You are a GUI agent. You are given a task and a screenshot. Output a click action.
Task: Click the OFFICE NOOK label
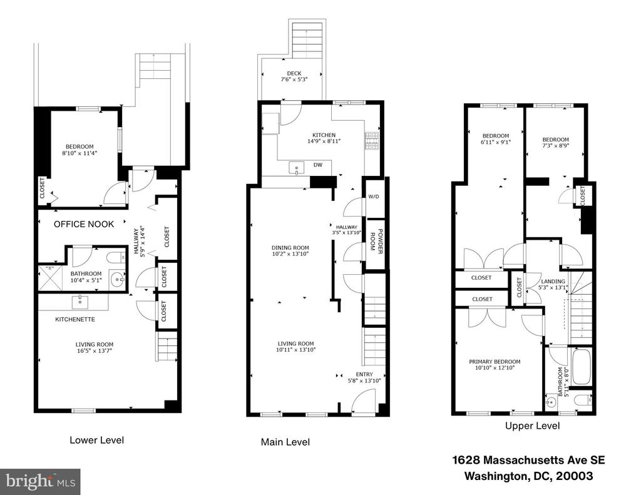pos(84,224)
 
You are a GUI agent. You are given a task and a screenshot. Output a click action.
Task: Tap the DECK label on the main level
pos(294,74)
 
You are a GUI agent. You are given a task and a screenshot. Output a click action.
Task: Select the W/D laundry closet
pos(374,197)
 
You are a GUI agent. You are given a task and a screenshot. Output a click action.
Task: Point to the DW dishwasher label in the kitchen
pos(317,165)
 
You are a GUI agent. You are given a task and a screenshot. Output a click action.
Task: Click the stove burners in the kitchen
pos(371,141)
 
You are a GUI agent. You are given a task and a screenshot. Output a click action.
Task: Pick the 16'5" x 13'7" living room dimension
pos(94,350)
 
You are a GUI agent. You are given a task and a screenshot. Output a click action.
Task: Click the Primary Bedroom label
pos(495,362)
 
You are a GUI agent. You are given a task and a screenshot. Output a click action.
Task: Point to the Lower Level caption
pos(97,440)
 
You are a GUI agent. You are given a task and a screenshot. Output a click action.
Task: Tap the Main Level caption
pos(285,442)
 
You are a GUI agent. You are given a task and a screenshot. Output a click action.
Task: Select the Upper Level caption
pos(532,426)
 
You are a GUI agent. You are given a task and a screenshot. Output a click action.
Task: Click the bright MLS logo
pos(40,482)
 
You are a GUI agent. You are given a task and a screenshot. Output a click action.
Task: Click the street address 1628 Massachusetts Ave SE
pos(528,460)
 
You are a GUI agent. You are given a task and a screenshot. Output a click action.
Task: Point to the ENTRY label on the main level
pos(364,374)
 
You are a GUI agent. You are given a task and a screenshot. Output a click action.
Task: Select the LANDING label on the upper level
pos(553,281)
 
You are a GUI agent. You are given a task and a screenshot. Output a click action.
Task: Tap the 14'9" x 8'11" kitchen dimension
pos(324,141)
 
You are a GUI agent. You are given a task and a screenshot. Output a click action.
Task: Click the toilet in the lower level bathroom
pos(116,258)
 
